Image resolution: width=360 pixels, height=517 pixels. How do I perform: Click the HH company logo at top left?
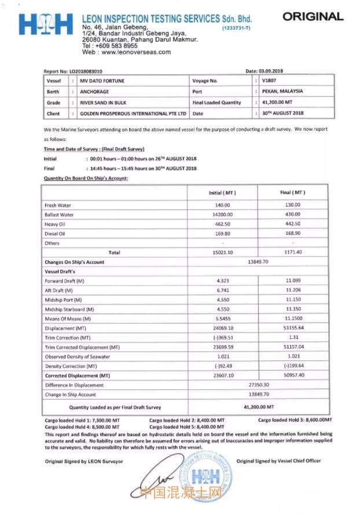point(46,24)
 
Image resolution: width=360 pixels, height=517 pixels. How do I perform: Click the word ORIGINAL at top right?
point(313,16)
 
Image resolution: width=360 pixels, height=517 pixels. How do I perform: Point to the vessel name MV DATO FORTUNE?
point(102,81)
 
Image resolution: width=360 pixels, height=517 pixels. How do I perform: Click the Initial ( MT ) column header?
point(222,193)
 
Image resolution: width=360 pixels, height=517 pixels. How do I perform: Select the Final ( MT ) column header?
point(293,193)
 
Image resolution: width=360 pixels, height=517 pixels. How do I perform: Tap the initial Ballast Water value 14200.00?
point(222,215)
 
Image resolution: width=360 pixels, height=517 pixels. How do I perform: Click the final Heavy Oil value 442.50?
point(293,224)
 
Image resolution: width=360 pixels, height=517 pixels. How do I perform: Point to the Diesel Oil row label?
point(55,234)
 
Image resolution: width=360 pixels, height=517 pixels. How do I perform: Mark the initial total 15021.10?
point(222,252)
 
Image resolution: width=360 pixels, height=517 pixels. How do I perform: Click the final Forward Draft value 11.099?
point(293,280)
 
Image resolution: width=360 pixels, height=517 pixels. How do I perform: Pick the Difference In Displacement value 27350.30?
point(258,385)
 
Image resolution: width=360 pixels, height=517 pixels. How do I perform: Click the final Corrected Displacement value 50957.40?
point(293,375)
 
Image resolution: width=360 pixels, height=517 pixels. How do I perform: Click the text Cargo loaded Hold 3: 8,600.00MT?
point(295,420)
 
